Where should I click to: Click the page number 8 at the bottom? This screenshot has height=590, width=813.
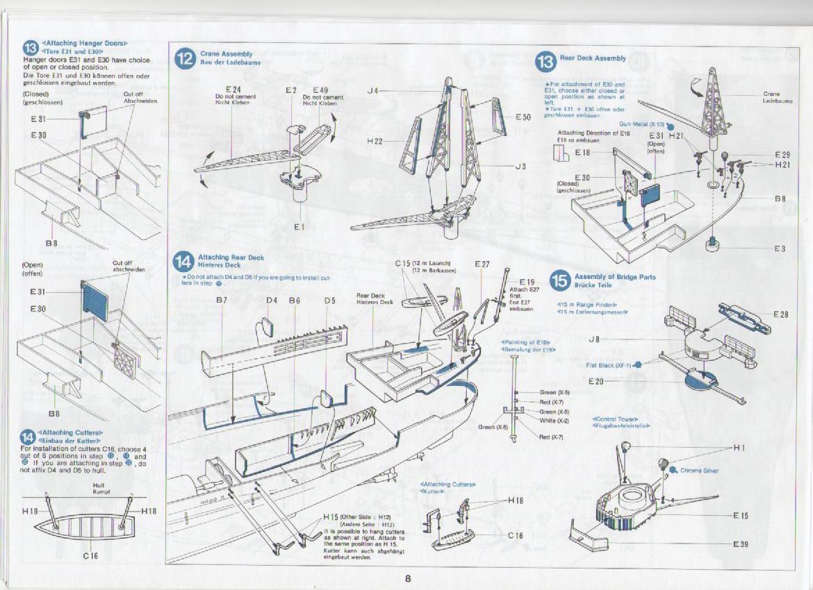pos(408,579)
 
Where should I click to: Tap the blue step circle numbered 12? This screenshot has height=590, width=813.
pos(184,58)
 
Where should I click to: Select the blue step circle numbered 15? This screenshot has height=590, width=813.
pos(560,280)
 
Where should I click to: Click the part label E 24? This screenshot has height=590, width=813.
pos(233,90)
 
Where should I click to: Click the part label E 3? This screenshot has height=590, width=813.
pos(780,248)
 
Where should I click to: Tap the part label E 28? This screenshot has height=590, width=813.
pos(780,314)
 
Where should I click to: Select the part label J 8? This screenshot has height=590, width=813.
pos(594,339)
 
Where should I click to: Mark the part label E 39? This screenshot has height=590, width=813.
pos(741,544)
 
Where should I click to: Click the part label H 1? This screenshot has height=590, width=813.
pos(739,448)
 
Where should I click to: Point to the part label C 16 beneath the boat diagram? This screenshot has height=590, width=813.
pos(90,556)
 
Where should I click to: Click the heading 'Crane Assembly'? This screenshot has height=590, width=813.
pos(227,53)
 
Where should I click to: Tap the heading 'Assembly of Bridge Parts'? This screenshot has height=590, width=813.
pos(615,277)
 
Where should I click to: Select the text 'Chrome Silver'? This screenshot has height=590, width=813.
pos(700,471)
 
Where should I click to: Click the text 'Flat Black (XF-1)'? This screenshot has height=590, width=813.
pos(608,365)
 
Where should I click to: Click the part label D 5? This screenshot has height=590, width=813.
pos(329,301)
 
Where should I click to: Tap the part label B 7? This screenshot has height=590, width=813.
pos(222,301)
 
